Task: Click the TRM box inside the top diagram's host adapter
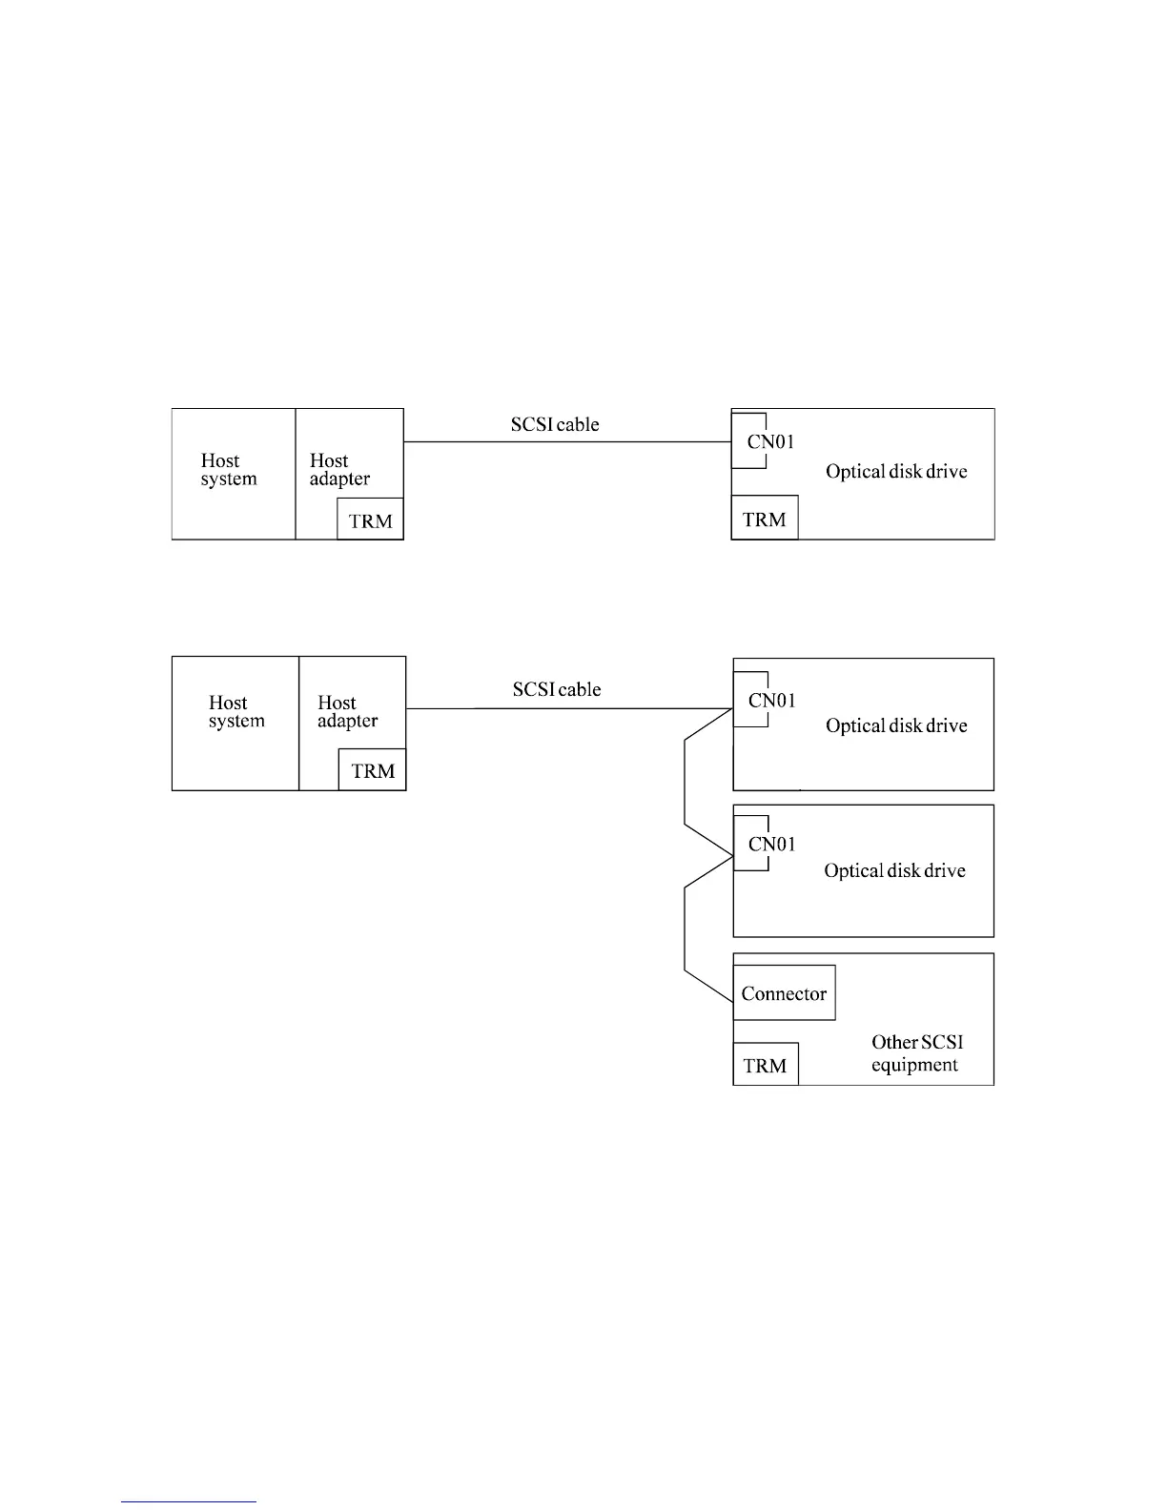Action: [x=370, y=520]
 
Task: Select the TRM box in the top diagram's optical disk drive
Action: [x=765, y=519]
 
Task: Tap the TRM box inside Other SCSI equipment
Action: [x=765, y=1065]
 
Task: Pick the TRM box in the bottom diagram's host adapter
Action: [x=372, y=770]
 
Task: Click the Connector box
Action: [x=784, y=993]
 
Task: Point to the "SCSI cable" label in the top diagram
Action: [x=555, y=424]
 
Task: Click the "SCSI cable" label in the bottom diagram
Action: [x=557, y=689]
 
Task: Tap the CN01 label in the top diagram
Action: [x=770, y=441]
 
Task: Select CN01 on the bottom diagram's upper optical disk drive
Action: [x=772, y=701]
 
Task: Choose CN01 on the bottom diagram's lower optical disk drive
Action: [x=772, y=844]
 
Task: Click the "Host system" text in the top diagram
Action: [x=229, y=470]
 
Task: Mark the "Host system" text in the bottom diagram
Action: [x=236, y=712]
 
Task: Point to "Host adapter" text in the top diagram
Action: [x=339, y=470]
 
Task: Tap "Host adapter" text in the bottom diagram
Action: [x=347, y=712]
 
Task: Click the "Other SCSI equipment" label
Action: [x=916, y=1053]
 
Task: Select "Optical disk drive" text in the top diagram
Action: [x=896, y=472]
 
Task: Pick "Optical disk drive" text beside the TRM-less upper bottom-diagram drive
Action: [x=896, y=725]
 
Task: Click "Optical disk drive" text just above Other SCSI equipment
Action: [x=894, y=870]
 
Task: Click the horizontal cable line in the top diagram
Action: [x=567, y=442]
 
